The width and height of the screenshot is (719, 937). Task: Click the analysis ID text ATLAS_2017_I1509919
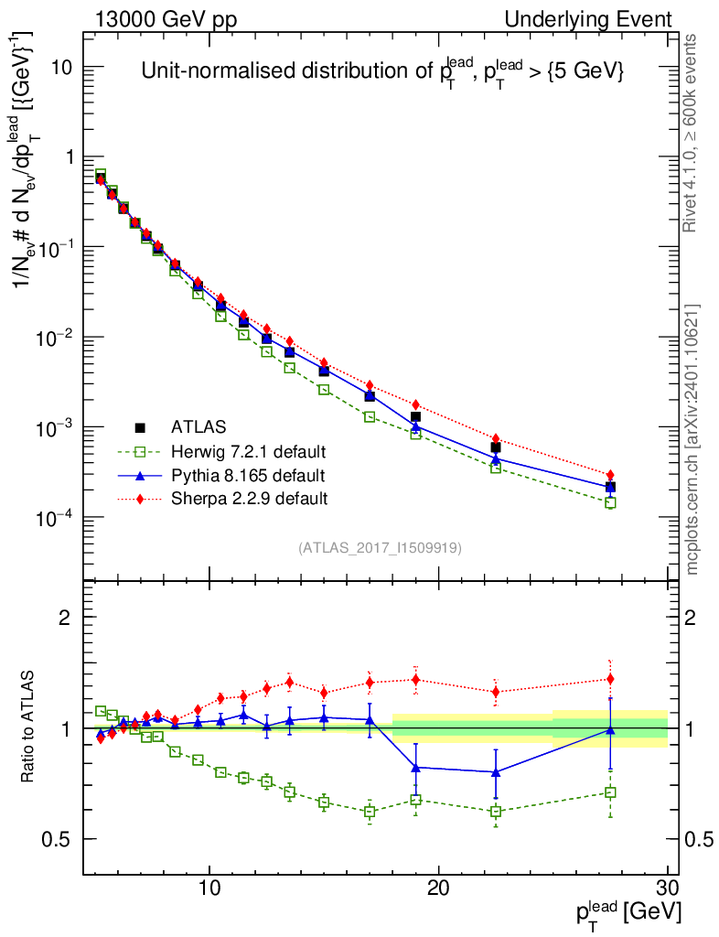click(x=380, y=548)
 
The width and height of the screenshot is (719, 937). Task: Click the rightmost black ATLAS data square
click(x=610, y=487)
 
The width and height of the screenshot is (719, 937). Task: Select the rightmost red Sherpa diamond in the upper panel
click(x=610, y=475)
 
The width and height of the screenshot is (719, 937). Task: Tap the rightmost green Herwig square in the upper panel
click(x=610, y=502)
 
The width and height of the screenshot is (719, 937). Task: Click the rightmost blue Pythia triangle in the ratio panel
click(x=610, y=729)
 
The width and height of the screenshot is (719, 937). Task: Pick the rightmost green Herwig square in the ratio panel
click(x=610, y=792)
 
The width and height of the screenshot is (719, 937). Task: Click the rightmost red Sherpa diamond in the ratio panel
click(x=610, y=679)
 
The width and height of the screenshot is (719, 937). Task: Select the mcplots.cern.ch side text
click(x=692, y=439)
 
